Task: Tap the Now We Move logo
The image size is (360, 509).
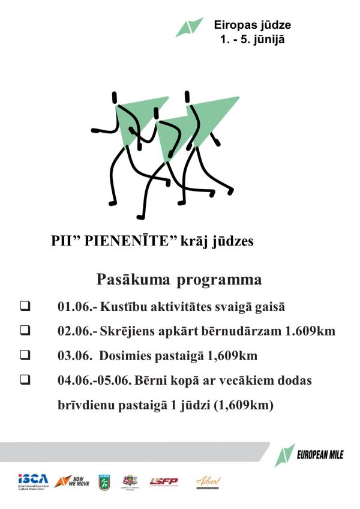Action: point(71,481)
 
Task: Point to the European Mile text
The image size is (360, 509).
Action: point(320,455)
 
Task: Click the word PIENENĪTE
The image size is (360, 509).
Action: point(124,241)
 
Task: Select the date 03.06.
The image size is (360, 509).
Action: point(73,356)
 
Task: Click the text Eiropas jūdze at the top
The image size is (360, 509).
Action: point(253,25)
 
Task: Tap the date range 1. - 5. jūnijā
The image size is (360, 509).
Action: point(252,40)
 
